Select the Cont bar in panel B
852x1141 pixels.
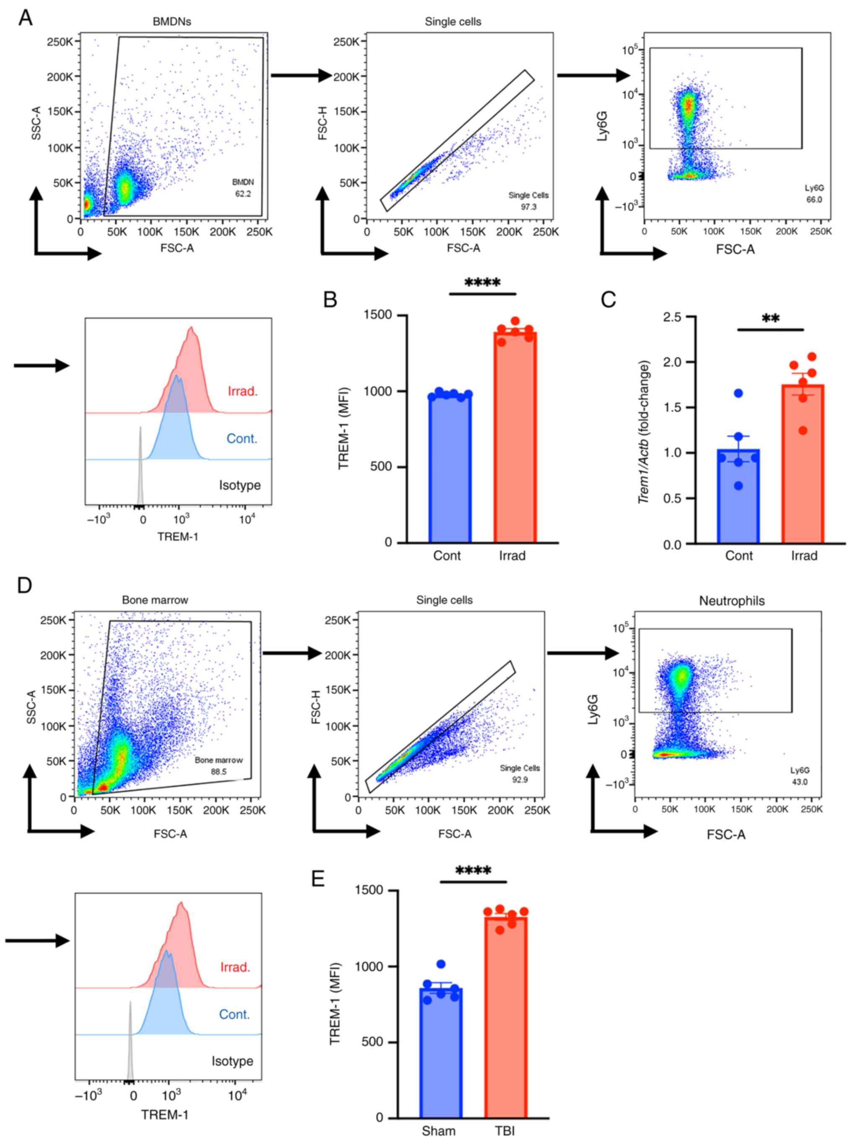tap(450, 469)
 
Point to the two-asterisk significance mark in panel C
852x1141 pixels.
tap(771, 319)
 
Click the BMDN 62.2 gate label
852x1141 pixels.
tap(243, 188)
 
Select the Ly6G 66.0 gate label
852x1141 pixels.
tap(814, 193)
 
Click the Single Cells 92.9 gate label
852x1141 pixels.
tap(520, 773)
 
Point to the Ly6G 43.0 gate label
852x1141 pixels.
tap(800, 776)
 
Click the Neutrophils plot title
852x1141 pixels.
tap(731, 601)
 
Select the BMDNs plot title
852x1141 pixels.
tap(172, 22)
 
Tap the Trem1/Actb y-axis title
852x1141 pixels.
tap(645, 432)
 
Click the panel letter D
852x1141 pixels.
tap(24, 585)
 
